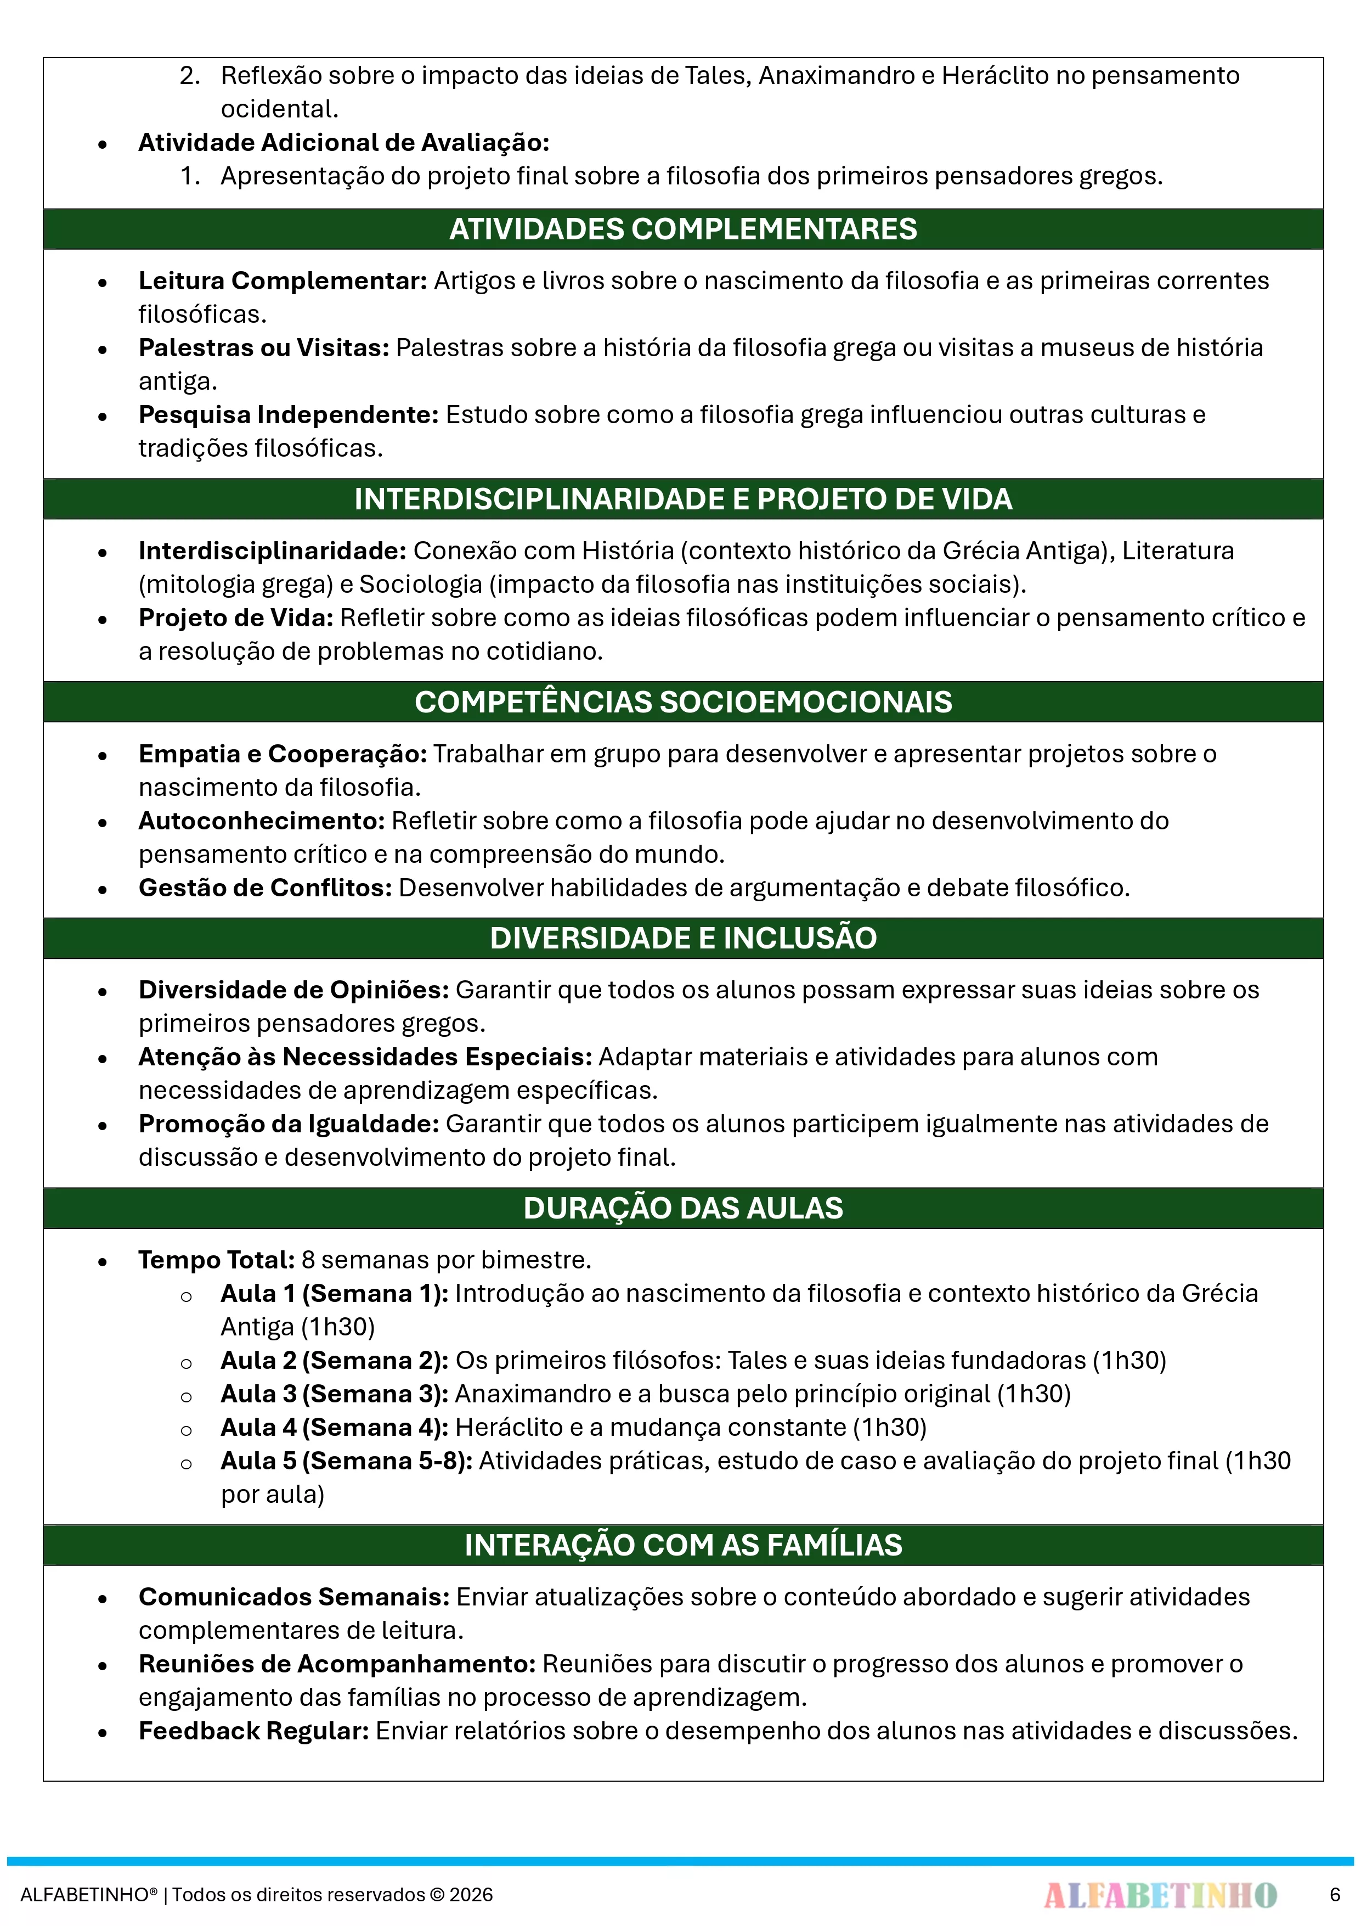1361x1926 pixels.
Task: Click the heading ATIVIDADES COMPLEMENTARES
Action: pos(682,229)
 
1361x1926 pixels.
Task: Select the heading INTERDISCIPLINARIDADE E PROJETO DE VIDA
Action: pos(682,499)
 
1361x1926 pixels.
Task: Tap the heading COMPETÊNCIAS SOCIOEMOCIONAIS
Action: pos(682,702)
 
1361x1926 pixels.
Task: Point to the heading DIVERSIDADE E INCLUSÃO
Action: pos(682,938)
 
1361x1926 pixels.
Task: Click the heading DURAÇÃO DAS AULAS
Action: pos(682,1208)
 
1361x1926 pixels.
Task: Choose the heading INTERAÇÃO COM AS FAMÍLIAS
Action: pos(682,1545)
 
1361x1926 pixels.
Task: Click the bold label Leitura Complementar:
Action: pos(283,281)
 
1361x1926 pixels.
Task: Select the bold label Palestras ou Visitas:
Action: pos(263,348)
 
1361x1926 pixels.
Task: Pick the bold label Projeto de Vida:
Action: pos(236,618)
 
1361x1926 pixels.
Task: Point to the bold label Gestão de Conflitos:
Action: pos(265,888)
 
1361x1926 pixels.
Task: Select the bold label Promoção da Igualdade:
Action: pos(289,1124)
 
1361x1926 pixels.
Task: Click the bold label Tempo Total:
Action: pos(216,1260)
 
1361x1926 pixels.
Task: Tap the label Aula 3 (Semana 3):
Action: pos(335,1394)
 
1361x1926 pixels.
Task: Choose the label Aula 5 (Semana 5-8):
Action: pos(346,1461)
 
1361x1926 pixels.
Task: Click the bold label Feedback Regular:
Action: pos(253,1731)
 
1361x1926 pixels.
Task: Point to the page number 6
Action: pos(1334,1895)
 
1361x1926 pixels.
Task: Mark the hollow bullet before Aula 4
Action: pos(186,1430)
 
